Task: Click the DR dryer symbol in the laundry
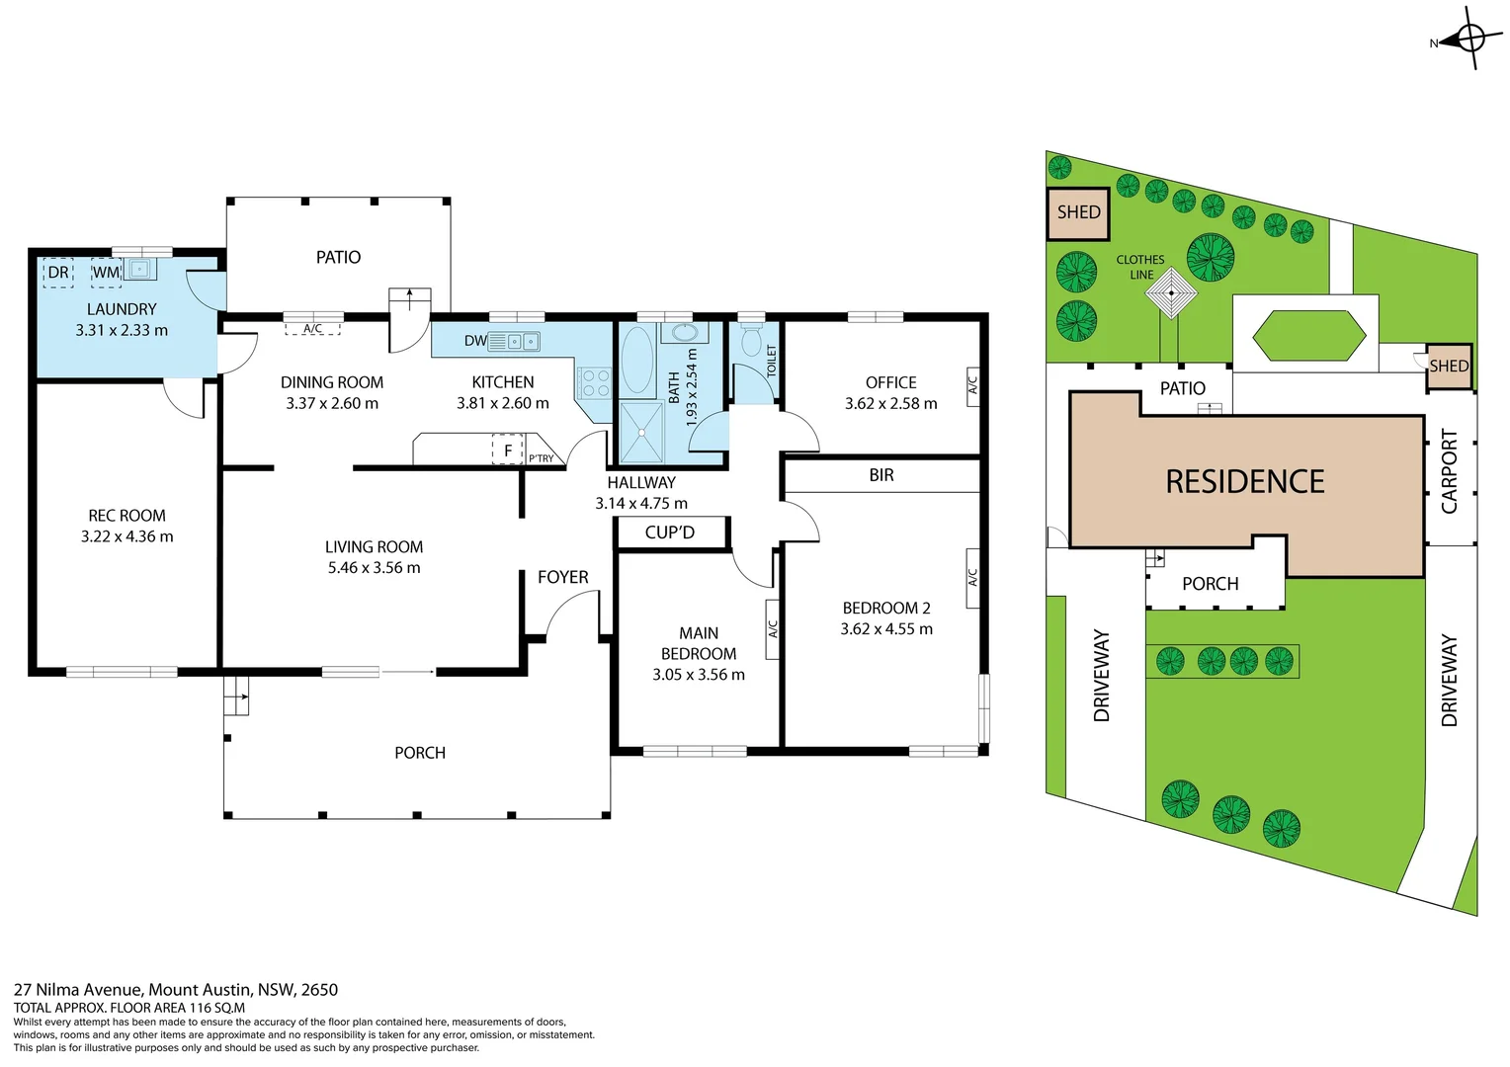click(x=58, y=273)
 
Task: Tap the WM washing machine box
click(x=106, y=273)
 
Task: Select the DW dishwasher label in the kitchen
click(x=475, y=341)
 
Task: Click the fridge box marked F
click(x=508, y=451)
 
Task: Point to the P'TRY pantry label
click(x=542, y=458)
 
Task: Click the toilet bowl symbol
click(x=751, y=342)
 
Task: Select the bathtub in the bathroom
click(x=637, y=361)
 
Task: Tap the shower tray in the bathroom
click(x=641, y=432)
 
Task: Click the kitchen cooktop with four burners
click(x=595, y=382)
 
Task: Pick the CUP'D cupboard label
click(x=670, y=533)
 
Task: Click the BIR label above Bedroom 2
click(x=881, y=475)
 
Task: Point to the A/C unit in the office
click(x=972, y=384)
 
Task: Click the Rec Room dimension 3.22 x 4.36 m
click(x=126, y=536)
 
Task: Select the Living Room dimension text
click(x=374, y=568)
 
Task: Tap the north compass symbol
click(x=1469, y=40)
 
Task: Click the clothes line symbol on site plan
click(x=1172, y=293)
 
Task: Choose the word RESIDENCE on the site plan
click(x=1244, y=482)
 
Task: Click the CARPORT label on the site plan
click(x=1449, y=471)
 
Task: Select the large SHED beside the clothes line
click(x=1078, y=213)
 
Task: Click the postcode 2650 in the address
click(x=319, y=990)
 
